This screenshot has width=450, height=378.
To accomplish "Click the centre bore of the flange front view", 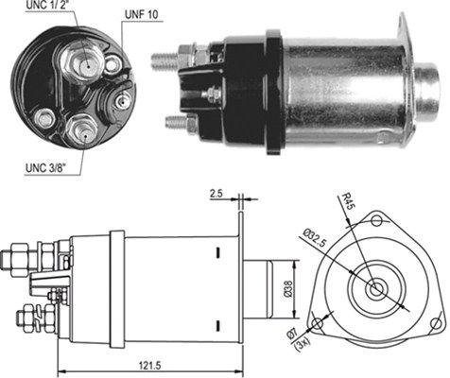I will click(376, 288).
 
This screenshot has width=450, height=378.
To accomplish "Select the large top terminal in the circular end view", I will click(77, 64).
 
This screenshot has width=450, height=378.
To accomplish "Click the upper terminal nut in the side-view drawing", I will click(42, 253).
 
